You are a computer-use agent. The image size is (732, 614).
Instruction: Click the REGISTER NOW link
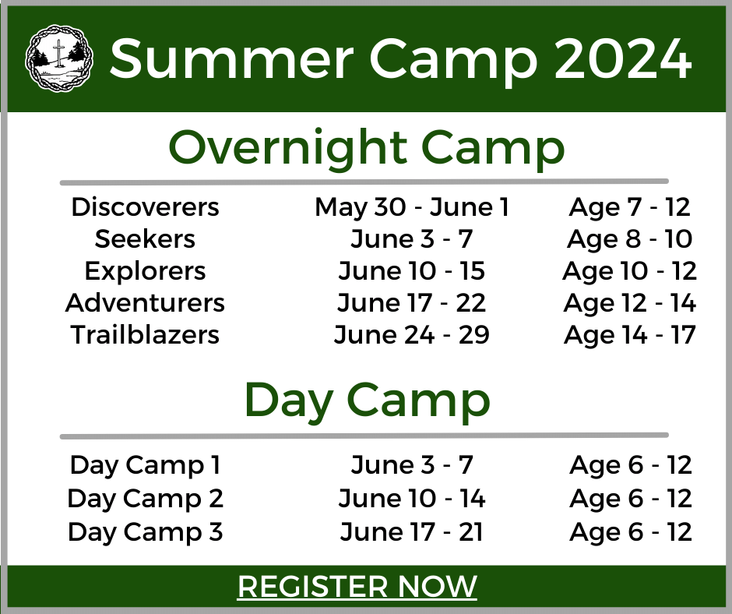pos(357,586)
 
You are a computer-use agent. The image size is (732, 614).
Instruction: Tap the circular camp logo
pos(59,58)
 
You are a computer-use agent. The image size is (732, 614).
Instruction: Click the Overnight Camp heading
pos(367,148)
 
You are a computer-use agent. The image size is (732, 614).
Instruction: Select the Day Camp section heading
pos(367,401)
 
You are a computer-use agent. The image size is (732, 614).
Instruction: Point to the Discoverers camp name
pos(145,207)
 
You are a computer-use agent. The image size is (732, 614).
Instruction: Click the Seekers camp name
pos(145,239)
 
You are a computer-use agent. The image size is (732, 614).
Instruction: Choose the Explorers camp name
pos(145,271)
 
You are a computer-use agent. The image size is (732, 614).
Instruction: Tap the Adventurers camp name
pos(145,303)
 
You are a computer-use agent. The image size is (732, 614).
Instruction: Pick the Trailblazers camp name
pos(145,334)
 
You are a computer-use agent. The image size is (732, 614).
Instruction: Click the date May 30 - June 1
pos(412,207)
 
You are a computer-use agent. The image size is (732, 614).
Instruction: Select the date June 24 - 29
pos(412,334)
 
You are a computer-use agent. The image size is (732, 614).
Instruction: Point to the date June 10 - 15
pos(412,271)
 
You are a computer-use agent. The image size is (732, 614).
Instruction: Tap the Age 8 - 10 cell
pos(630,240)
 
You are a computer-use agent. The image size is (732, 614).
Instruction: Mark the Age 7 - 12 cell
pos(630,207)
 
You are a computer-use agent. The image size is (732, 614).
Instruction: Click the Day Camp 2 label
pos(145,499)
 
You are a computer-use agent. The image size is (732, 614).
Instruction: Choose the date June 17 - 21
pos(412,532)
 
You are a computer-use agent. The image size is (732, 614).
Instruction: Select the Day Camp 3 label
pos(145,533)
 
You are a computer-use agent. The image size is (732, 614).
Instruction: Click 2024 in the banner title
pos(623,59)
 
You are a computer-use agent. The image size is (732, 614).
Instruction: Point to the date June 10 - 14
pos(412,499)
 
